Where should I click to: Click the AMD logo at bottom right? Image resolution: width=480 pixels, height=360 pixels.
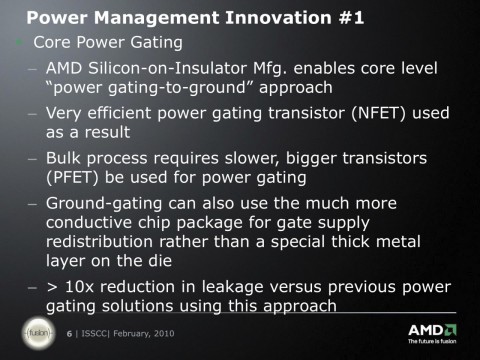point(433,330)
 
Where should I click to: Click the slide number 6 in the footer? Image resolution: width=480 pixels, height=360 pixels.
point(69,334)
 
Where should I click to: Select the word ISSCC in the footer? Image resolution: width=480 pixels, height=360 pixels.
point(92,334)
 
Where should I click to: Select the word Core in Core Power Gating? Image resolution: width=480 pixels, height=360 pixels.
point(52,44)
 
